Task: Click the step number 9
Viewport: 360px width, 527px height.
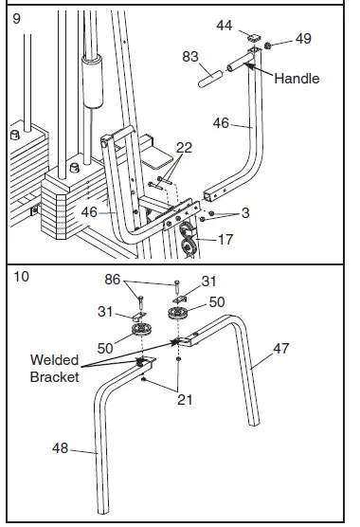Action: [x=16, y=18]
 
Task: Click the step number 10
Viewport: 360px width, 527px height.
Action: [x=21, y=277]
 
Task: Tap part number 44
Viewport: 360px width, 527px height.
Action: [x=224, y=26]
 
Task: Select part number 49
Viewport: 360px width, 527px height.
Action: [x=303, y=39]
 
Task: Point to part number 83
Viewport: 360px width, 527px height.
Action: [x=190, y=57]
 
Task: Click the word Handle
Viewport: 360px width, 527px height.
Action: [x=297, y=79]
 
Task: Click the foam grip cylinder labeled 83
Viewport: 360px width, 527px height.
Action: [x=210, y=79]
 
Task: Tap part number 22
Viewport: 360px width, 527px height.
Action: [x=184, y=148]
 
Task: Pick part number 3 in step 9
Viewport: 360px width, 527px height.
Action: [x=245, y=213]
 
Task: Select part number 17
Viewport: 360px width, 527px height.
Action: [x=225, y=240]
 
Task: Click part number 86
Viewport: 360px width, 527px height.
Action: [x=112, y=280]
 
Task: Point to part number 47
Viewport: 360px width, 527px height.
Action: [x=280, y=349]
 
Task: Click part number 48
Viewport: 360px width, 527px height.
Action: [x=60, y=448]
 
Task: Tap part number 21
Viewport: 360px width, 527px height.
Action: [x=185, y=400]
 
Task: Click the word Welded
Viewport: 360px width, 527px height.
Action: [x=54, y=360]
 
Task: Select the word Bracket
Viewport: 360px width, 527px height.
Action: [x=54, y=377]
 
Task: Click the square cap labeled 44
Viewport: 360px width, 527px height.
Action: [x=254, y=38]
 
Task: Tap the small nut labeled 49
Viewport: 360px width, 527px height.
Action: [x=268, y=45]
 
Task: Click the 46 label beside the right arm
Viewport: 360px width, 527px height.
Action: [x=221, y=123]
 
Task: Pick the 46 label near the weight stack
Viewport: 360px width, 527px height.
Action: [x=89, y=212]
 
